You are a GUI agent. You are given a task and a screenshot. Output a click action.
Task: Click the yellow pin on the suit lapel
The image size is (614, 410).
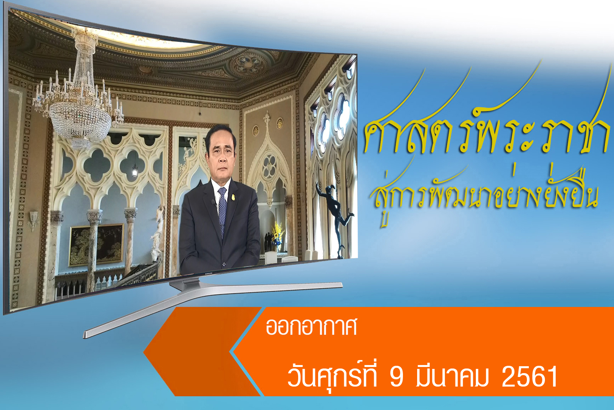pos(233,197)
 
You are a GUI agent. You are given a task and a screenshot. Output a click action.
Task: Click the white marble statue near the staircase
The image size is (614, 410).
pos(158,234)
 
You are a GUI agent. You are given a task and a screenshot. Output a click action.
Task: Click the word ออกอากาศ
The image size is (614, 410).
pos(311,327)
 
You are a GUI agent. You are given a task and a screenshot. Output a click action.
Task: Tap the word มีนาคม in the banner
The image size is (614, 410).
pos(452,376)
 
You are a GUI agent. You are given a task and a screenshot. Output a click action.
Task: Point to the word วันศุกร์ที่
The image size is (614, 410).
pos(332,375)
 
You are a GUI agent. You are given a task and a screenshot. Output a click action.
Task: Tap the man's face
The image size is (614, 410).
pos(221,155)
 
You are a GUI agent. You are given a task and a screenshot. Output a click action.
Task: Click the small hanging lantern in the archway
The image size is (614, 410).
pos(135,170)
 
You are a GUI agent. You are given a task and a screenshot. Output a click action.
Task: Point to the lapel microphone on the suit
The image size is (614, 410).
pos(213,203)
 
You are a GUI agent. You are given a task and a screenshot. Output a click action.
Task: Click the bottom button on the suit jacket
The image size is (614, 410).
pos(224,264)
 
